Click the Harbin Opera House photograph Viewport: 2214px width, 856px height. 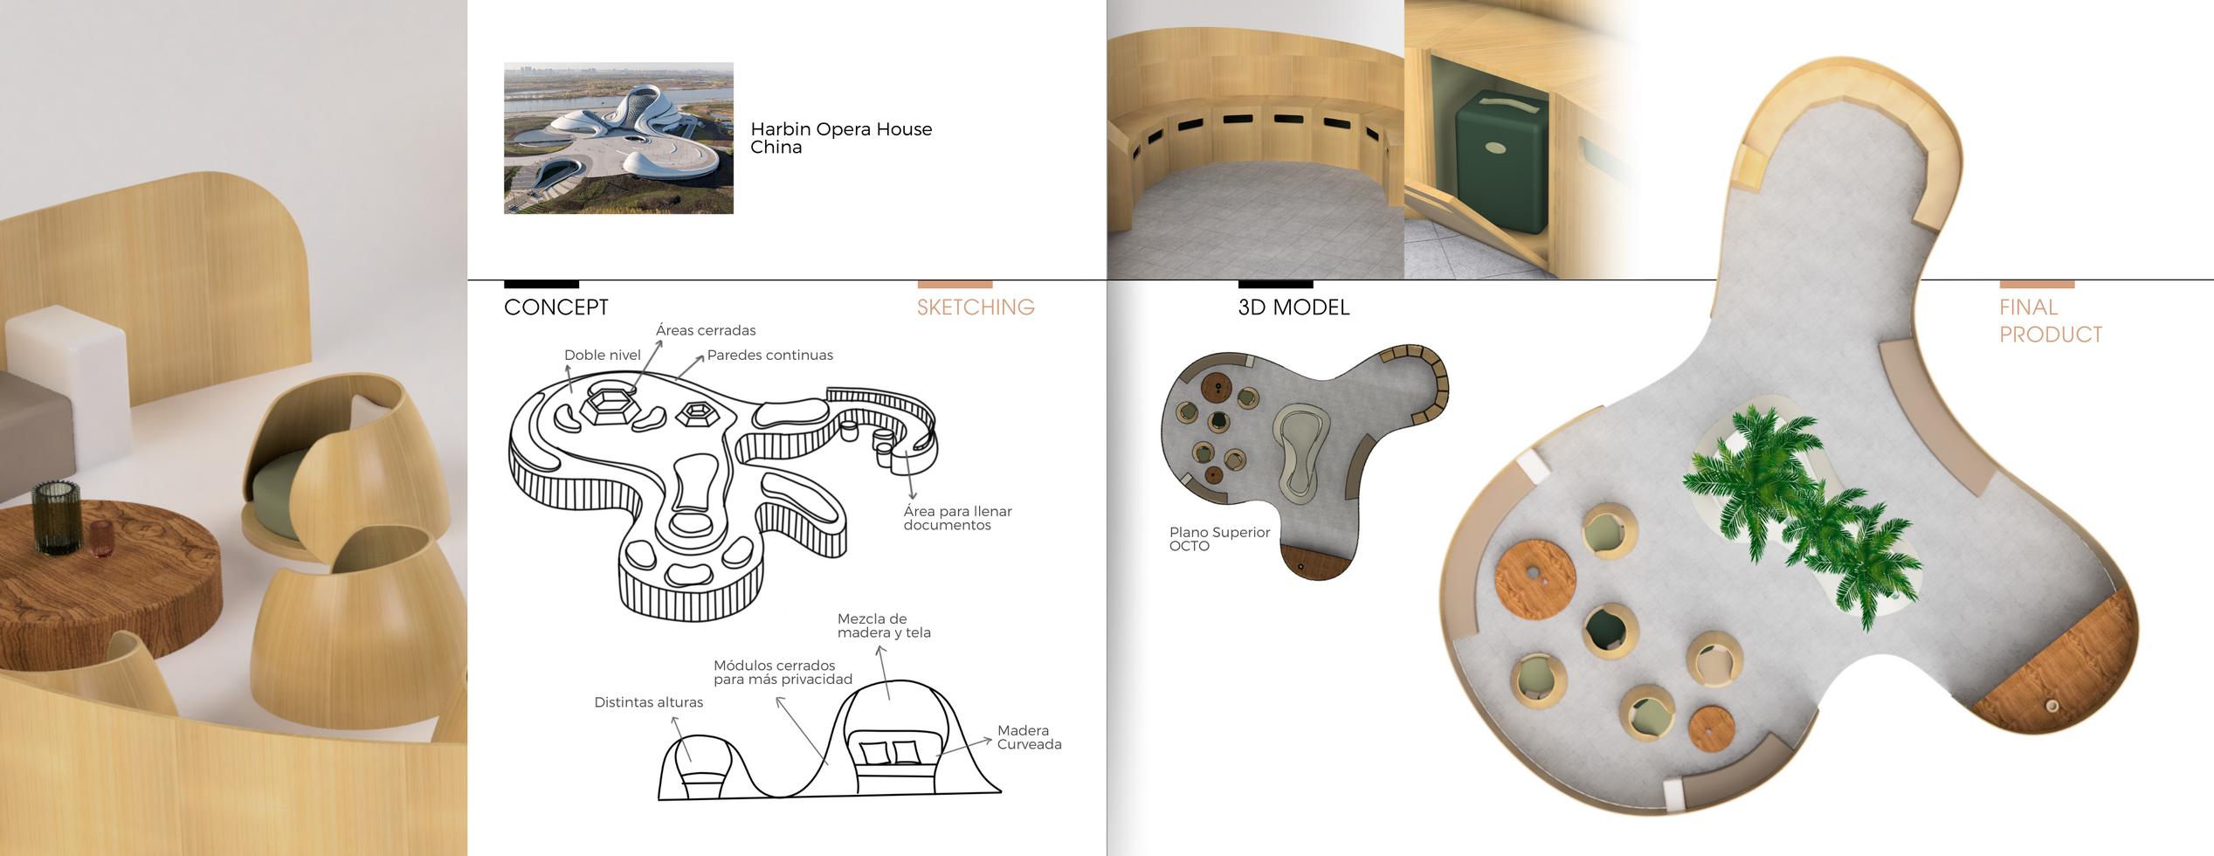[x=618, y=138]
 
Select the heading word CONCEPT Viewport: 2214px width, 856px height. [x=556, y=307]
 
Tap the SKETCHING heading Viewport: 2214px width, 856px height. [x=976, y=307]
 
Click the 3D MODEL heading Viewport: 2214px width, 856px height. [x=1293, y=307]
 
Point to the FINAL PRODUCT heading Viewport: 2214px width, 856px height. [x=2050, y=321]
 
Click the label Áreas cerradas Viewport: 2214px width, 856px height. [x=706, y=330]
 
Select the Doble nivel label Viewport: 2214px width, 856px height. [x=602, y=355]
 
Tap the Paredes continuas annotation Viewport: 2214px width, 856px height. [x=769, y=355]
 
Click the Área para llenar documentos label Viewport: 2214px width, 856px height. [x=957, y=518]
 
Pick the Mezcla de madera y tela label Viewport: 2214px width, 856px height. [x=883, y=625]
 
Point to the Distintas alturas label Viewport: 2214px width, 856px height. [x=648, y=702]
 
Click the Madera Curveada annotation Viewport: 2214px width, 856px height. [x=1029, y=737]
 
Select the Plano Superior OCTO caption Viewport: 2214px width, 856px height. [x=1219, y=539]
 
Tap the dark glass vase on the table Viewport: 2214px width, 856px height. [x=56, y=516]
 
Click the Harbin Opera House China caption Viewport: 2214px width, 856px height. [x=840, y=138]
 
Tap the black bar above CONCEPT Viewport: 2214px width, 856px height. [x=541, y=284]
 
